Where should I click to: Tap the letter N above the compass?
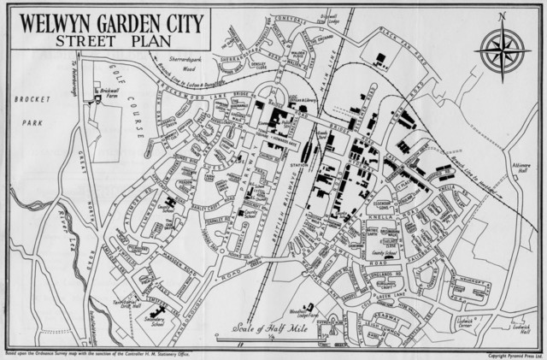[502, 16]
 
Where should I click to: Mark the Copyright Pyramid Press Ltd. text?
[514, 355]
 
